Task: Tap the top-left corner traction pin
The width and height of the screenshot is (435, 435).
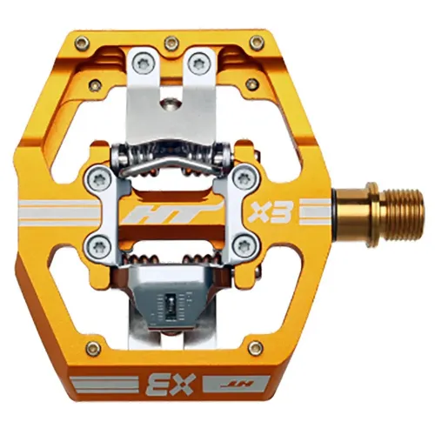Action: point(82,42)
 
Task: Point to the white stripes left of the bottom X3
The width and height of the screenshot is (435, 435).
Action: point(100,383)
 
